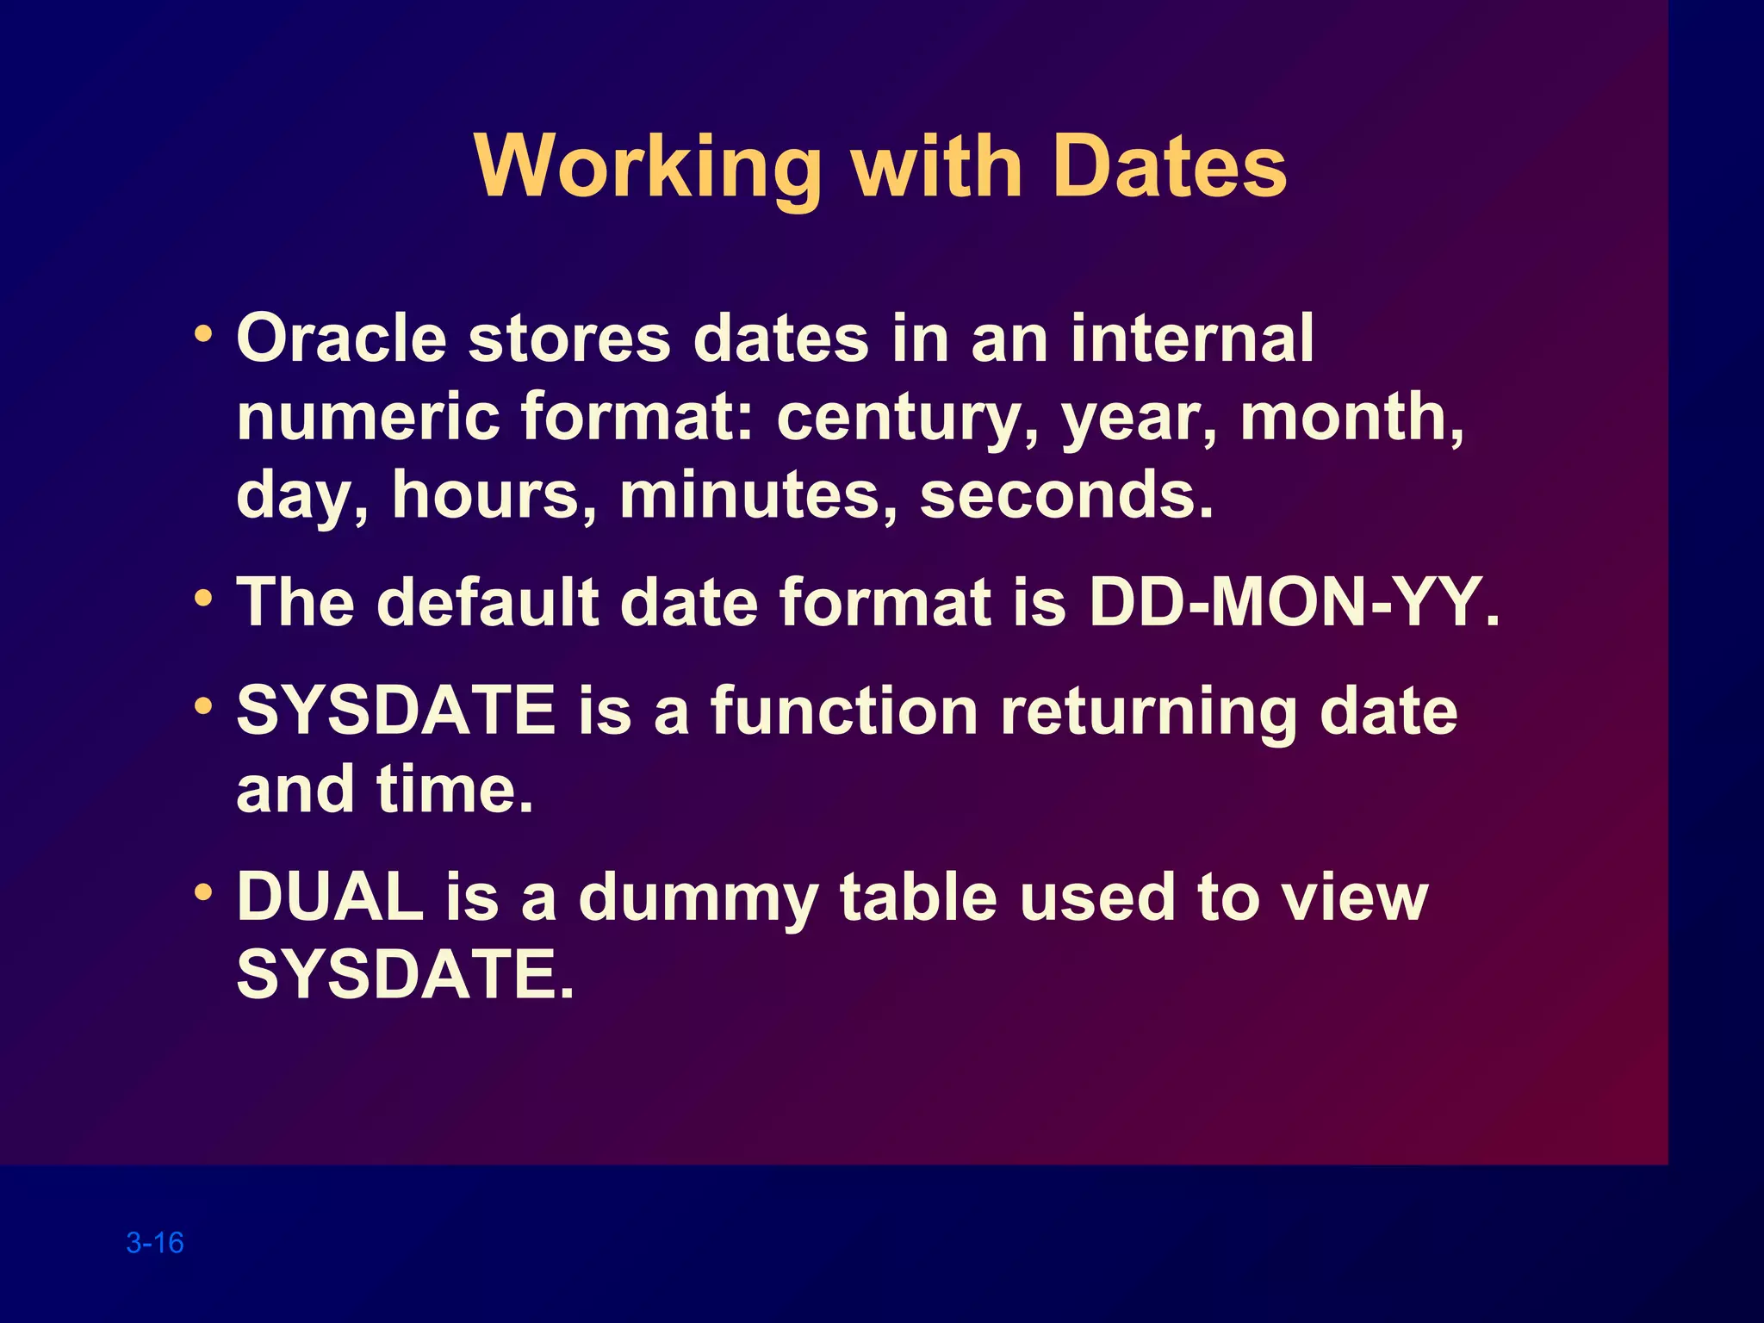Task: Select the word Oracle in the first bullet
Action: pos(341,338)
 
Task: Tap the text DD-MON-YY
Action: pos(1293,602)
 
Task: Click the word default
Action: pos(488,602)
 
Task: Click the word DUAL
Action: pos(331,898)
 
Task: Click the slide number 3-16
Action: pos(155,1242)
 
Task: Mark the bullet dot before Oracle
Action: pos(203,332)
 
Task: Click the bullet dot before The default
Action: pos(203,597)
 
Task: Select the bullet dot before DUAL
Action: pos(203,891)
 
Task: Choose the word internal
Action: pos(1192,338)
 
